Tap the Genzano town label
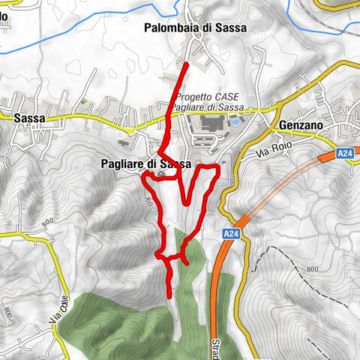click(x=298, y=125)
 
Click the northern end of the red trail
click(x=187, y=66)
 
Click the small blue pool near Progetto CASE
click(x=236, y=119)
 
